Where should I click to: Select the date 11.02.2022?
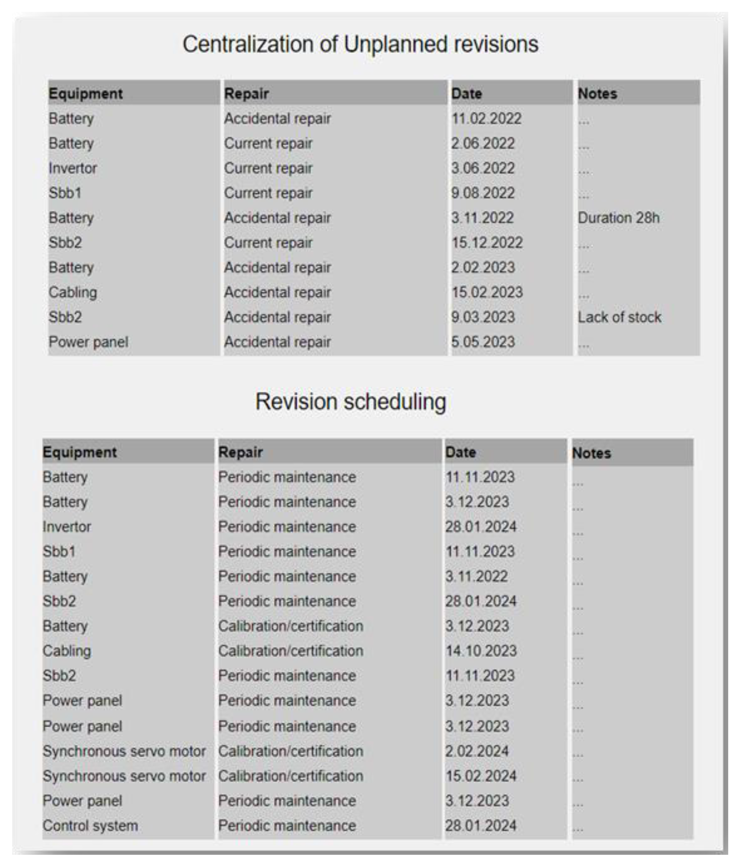[486, 119]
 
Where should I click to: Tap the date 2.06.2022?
[483, 143]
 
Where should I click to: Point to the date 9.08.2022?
[483, 193]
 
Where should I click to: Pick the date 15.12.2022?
[486, 243]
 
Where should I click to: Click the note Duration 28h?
[618, 218]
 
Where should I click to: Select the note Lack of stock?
[619, 317]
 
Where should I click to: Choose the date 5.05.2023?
[483, 342]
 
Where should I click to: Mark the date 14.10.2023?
[481, 651]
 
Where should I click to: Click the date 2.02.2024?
[477, 751]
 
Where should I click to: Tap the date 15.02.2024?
[481, 776]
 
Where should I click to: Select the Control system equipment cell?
[90, 826]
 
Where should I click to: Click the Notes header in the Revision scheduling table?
[591, 453]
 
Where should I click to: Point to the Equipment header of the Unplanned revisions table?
[86, 94]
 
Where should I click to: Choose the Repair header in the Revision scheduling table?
[240, 453]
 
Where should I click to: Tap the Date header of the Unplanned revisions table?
[466, 94]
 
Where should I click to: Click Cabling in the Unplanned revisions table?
[73, 292]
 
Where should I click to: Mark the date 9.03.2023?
[483, 317]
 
